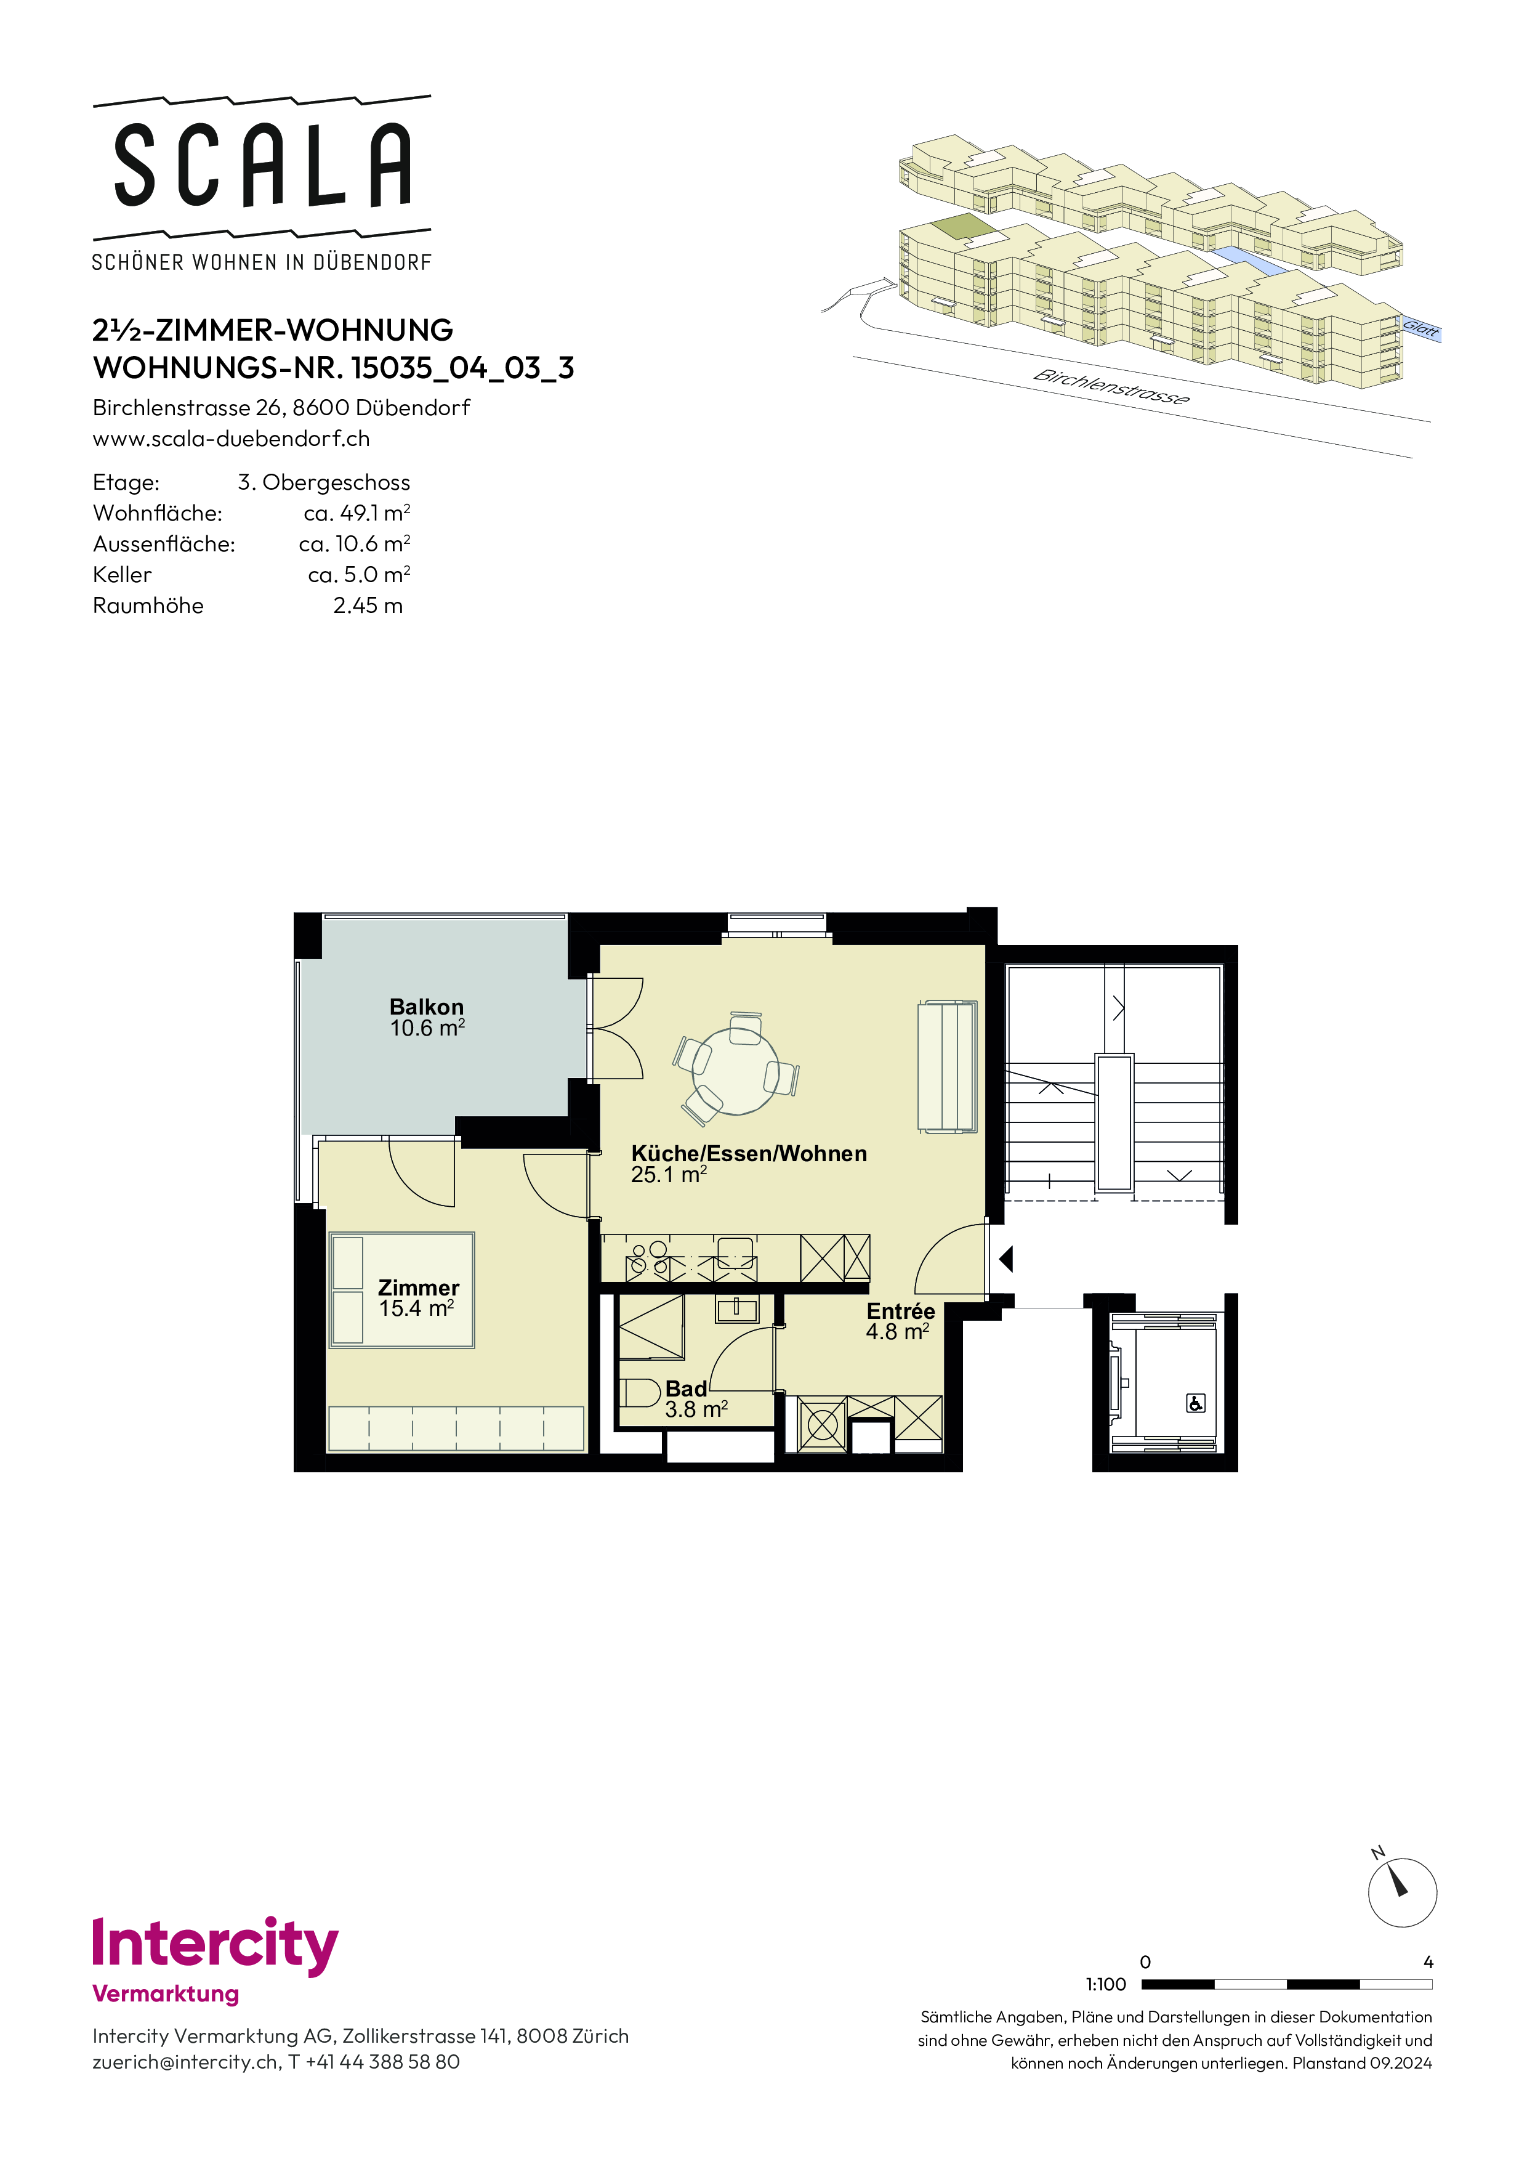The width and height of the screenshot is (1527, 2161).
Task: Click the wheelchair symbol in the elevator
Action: click(x=1195, y=1403)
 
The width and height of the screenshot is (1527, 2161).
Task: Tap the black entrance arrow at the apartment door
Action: click(x=1005, y=1259)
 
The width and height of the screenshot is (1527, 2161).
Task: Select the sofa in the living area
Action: click(x=946, y=1066)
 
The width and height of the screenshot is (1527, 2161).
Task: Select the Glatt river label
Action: click(x=1420, y=328)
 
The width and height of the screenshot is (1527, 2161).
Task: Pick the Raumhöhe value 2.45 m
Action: click(x=368, y=605)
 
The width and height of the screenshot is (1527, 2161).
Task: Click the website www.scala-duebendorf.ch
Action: click(x=232, y=439)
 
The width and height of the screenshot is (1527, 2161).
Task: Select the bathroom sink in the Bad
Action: click(x=736, y=1308)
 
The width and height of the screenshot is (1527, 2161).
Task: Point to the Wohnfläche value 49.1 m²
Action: click(x=358, y=513)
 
